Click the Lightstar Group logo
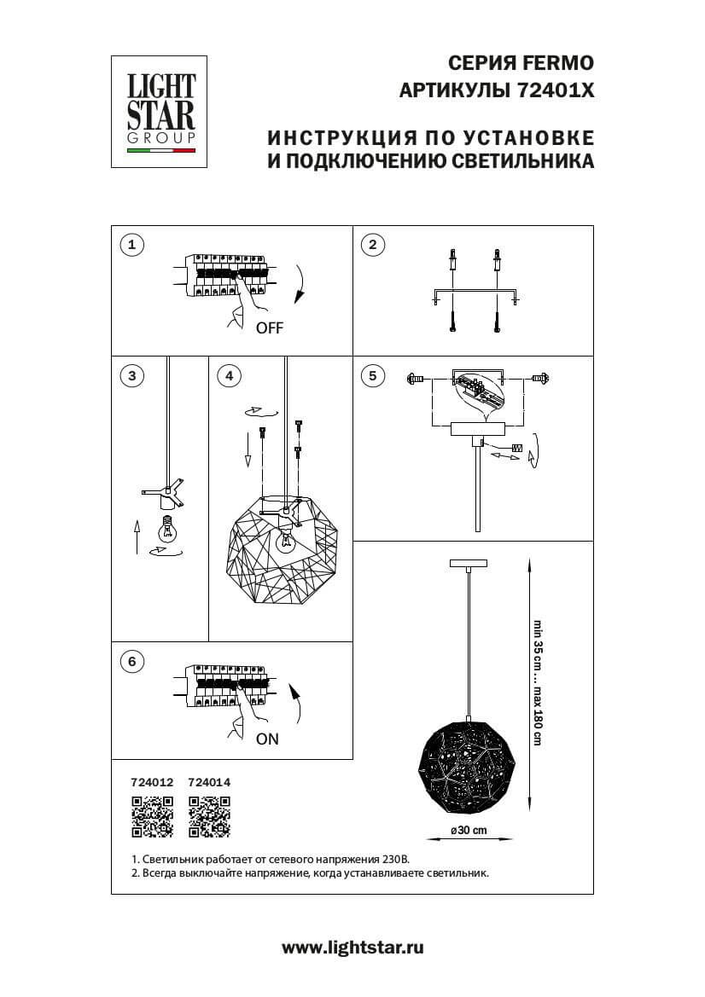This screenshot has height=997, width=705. (x=161, y=112)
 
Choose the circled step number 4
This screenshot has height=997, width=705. (x=227, y=375)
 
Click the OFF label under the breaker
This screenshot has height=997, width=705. (x=268, y=328)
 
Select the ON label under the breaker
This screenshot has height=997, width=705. (x=267, y=739)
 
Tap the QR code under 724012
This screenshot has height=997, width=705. (x=151, y=817)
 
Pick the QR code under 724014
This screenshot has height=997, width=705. (x=209, y=817)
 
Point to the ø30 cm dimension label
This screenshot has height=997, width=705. (x=469, y=830)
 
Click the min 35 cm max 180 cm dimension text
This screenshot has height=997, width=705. (x=538, y=682)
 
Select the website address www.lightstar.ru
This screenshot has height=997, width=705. (x=352, y=947)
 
